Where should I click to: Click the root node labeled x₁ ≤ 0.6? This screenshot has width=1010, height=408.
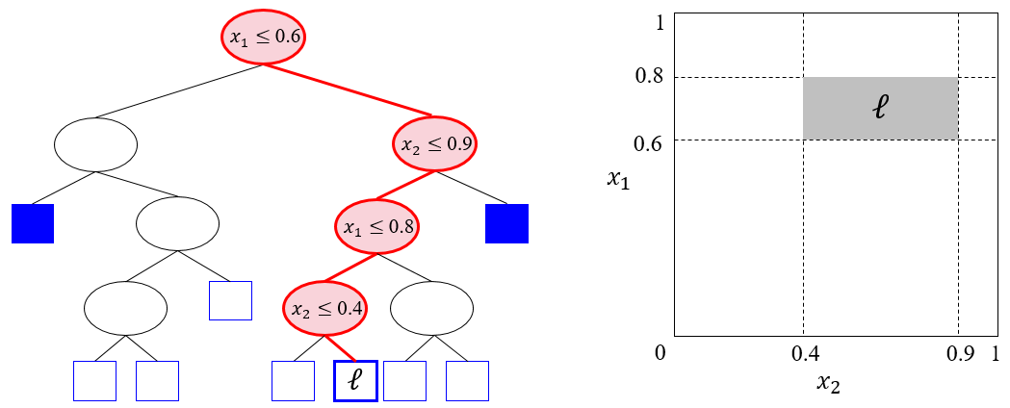263,38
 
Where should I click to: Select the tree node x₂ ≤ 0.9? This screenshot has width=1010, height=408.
434,144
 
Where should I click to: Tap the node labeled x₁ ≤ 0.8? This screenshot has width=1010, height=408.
376,226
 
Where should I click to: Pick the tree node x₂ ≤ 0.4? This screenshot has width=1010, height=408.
325,309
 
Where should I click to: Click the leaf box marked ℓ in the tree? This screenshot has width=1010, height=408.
355,381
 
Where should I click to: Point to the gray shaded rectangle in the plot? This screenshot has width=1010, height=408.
881,109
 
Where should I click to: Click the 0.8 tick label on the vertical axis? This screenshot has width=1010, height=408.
649,78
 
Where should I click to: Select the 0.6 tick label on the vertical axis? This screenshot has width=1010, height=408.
649,140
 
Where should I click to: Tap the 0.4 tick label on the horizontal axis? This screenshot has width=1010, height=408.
804,354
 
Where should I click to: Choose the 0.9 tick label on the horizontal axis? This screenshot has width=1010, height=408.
959,354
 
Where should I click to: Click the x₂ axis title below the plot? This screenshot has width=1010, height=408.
829,383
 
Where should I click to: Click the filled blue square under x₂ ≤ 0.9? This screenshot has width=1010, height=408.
507,223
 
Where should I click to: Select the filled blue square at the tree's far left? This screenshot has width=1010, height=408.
32,223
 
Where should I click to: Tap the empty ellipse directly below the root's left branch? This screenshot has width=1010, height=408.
95,144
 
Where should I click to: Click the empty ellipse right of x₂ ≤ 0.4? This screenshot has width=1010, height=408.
431,309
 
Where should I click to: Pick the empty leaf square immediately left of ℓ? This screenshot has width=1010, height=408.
293,381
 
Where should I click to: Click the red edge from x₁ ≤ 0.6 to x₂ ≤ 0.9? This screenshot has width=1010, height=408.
349,89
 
